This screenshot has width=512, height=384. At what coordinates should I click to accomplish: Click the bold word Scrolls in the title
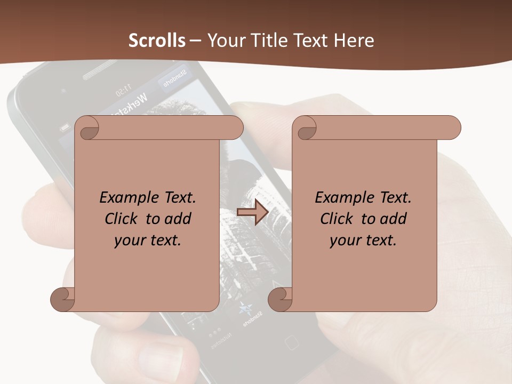[157, 41]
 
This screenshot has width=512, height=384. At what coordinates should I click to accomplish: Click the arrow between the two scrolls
[252, 212]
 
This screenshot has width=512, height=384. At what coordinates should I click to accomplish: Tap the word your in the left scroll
[130, 240]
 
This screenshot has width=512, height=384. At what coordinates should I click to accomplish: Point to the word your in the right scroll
[345, 240]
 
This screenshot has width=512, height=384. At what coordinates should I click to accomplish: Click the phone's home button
[291, 342]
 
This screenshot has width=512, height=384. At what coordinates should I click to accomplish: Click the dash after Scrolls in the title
[196, 41]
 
